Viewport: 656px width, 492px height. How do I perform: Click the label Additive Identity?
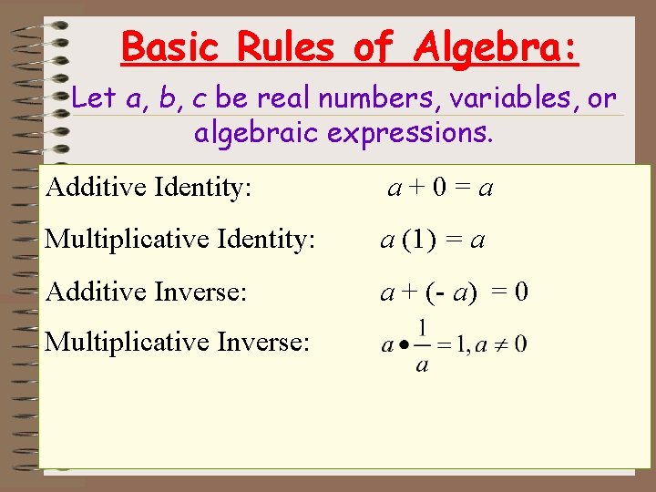149,189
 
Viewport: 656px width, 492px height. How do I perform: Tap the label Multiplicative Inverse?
178,343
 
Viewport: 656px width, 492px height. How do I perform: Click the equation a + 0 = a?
441,189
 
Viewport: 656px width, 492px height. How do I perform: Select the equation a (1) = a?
432,241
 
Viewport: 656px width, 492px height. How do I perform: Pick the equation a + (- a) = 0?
454,292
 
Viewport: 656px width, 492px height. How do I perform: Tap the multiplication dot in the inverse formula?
401,345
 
